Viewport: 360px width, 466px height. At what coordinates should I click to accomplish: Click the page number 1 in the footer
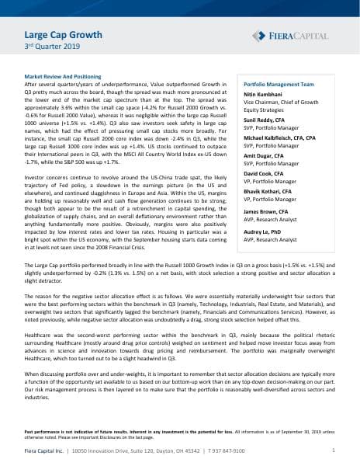pos(333,450)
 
